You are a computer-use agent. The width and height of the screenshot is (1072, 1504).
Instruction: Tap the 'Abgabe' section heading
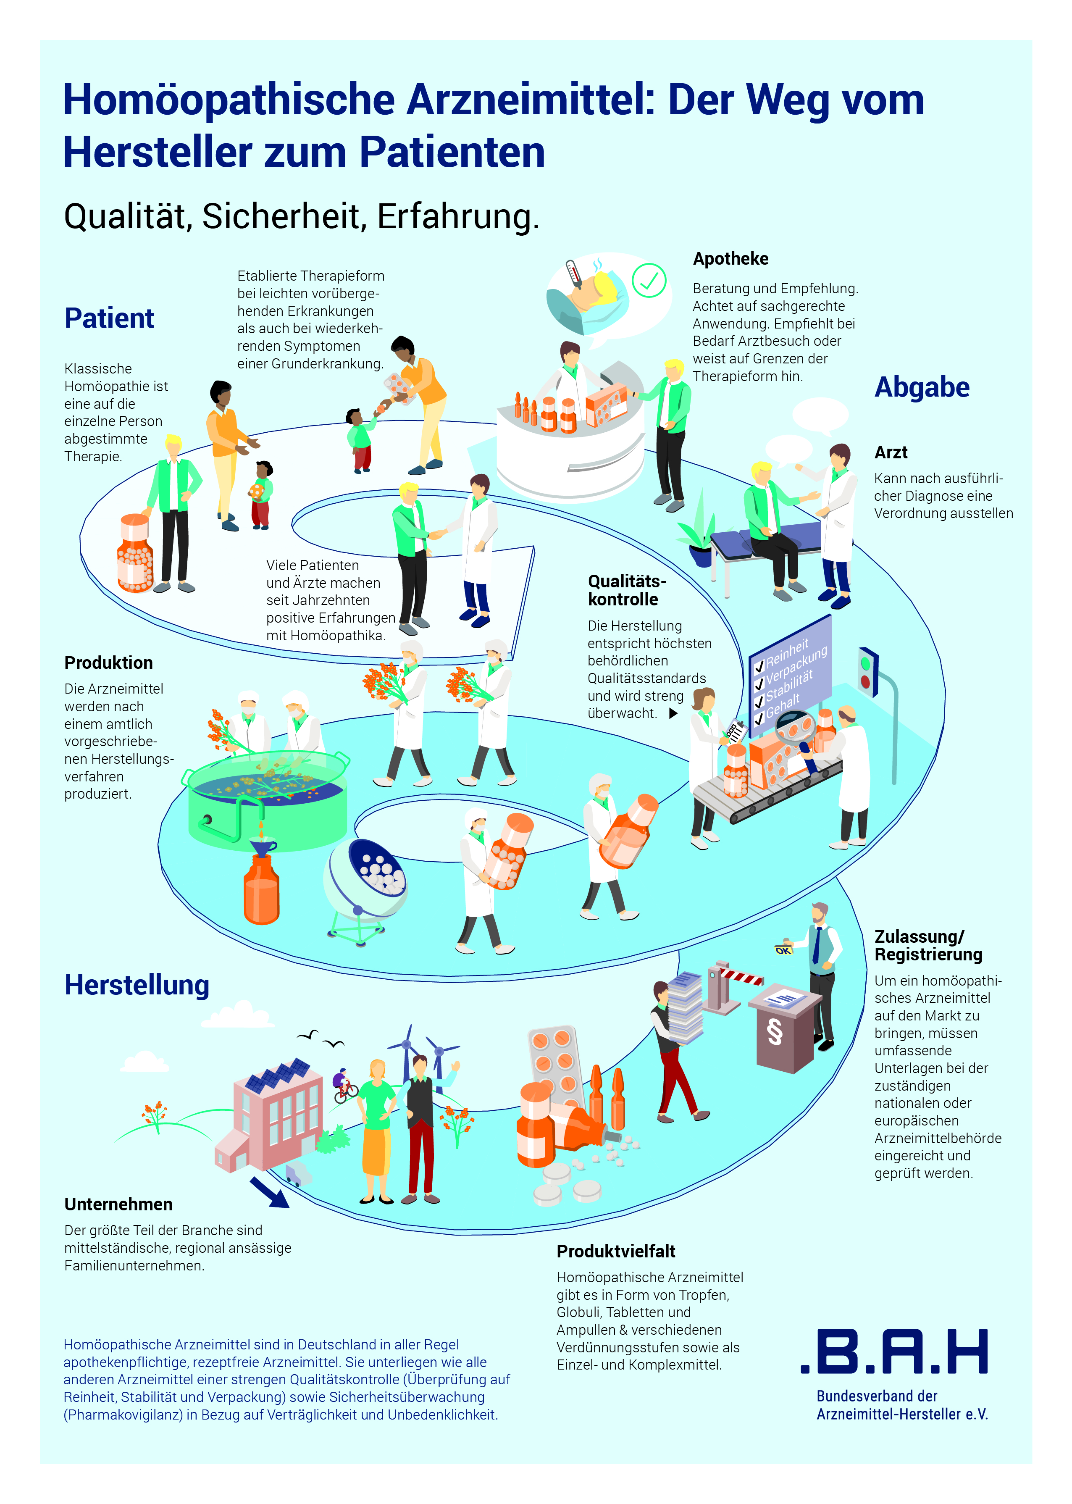pyautogui.click(x=922, y=388)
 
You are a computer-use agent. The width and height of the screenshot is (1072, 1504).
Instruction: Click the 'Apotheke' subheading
pyautogui.click(x=730, y=259)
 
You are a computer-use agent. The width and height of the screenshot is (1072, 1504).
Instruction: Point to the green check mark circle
pyautogui.click(x=649, y=281)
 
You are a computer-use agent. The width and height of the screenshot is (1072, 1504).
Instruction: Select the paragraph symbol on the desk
pyautogui.click(x=774, y=1032)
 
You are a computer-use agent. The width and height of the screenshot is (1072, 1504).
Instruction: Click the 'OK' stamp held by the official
pyautogui.click(x=783, y=950)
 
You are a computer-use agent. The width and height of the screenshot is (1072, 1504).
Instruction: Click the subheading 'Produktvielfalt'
pyautogui.click(x=615, y=1251)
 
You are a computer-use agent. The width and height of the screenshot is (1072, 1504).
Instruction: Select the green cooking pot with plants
pyautogui.click(x=267, y=799)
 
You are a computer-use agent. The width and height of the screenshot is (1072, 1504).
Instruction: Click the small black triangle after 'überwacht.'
pyautogui.click(x=673, y=713)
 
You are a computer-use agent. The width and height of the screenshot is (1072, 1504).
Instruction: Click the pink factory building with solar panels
pyautogui.click(x=277, y=1116)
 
